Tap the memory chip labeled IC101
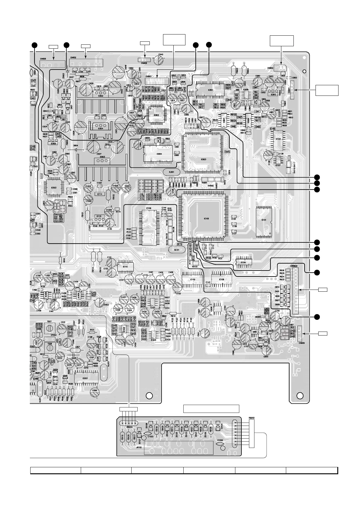tap(264, 220)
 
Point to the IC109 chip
tap(149, 226)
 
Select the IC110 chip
tap(126, 266)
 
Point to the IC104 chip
tap(243, 262)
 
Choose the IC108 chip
tap(222, 280)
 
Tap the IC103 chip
tap(278, 140)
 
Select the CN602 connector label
tap(73, 57)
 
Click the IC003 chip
tap(85, 378)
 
